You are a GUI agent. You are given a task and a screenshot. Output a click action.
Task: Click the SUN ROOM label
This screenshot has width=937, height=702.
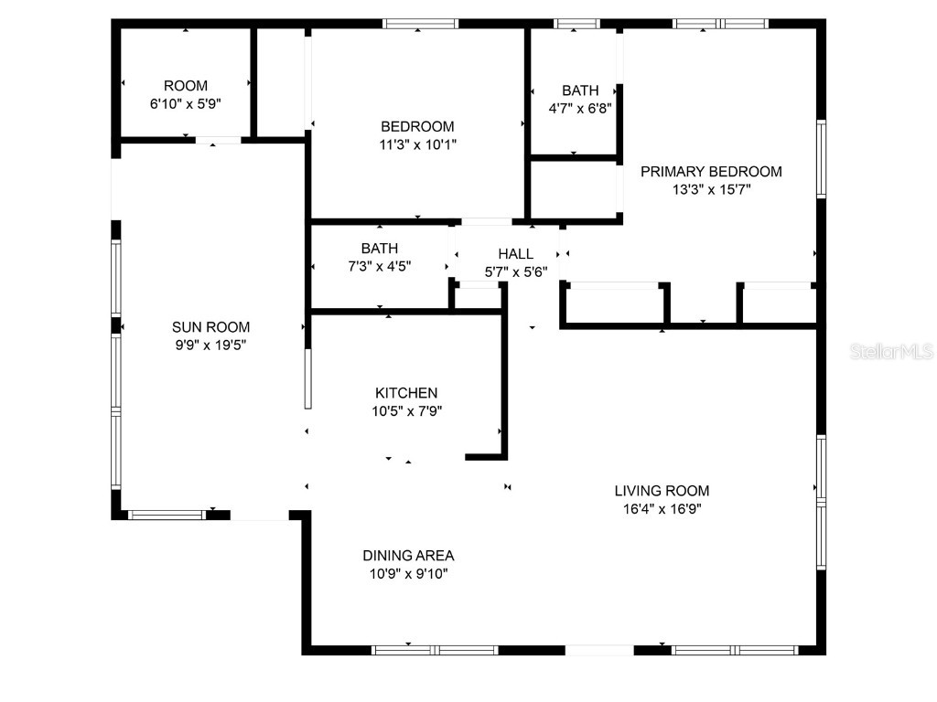210,327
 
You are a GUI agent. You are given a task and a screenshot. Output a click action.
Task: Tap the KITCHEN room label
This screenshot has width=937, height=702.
404,393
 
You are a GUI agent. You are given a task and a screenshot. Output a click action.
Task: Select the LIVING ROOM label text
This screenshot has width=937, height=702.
662,491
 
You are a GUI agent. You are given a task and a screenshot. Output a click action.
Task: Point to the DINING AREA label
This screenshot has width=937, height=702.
408,556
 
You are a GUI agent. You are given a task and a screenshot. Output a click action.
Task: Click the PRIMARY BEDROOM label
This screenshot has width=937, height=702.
711,172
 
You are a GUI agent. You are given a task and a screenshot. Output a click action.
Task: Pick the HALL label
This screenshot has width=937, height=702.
515,253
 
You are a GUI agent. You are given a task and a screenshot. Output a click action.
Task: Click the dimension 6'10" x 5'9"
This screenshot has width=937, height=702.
186,104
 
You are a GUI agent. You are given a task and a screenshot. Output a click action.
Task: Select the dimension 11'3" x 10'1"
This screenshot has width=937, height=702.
417,144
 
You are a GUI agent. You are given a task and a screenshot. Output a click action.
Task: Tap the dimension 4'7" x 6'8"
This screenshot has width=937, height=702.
580,108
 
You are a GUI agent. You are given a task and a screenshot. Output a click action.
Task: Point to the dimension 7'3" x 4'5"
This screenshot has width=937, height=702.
379,266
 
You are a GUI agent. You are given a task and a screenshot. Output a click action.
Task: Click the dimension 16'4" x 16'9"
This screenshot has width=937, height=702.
662,509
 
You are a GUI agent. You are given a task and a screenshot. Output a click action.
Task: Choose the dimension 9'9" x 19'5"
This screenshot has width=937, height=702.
210,346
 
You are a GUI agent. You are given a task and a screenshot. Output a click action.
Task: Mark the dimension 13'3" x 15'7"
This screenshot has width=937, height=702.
711,190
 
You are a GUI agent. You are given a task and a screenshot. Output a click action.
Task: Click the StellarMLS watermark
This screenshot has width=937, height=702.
890,351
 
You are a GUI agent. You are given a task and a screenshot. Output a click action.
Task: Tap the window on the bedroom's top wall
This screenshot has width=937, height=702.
420,24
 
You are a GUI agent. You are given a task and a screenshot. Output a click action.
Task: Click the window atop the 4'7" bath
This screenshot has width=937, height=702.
577,24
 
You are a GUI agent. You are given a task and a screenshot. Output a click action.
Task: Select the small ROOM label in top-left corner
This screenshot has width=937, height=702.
186,86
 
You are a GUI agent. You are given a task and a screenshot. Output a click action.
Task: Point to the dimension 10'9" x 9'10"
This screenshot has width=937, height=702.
408,574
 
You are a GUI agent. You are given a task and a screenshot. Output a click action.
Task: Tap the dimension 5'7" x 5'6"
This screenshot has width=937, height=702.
515,271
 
